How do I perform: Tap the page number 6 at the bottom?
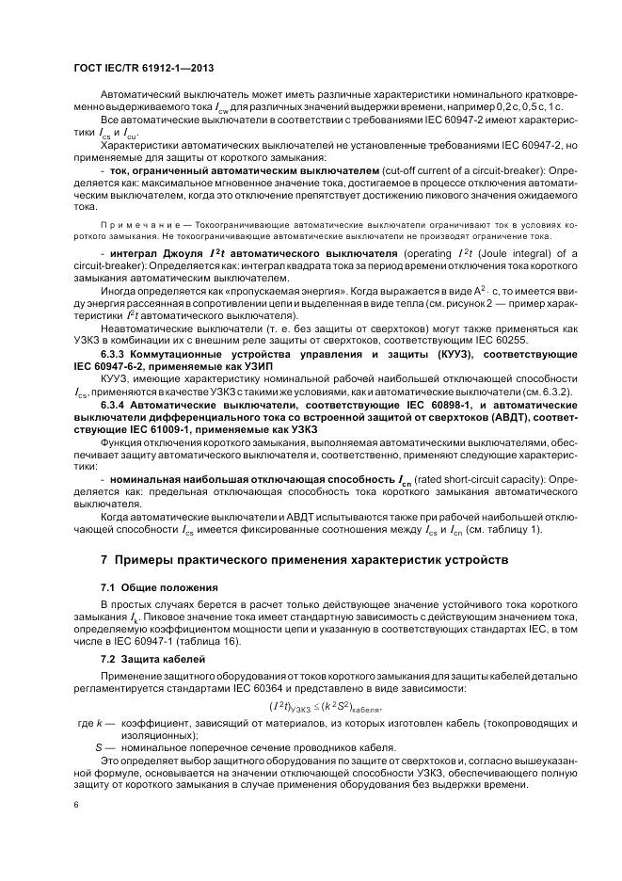pyautogui.click(x=76, y=805)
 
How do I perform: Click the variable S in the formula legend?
pyautogui.click(x=99, y=746)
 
